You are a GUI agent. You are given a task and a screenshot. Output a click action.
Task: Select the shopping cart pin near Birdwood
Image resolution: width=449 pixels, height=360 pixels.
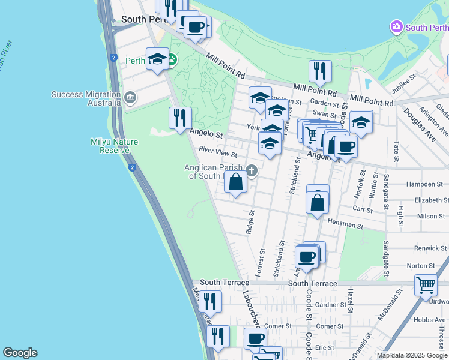(426, 285)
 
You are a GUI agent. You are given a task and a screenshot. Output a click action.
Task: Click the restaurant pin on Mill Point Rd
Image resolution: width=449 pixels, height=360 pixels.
(320, 71)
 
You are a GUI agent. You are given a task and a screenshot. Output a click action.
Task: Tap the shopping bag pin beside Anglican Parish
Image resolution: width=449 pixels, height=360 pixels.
(236, 182)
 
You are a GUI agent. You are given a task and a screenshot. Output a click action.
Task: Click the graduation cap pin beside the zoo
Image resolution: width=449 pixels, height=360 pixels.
(158, 58)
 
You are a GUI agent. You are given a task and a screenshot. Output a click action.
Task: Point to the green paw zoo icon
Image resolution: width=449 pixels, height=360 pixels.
(172, 59)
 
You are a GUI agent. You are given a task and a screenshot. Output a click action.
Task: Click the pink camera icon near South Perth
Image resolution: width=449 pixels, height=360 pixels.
(396, 27)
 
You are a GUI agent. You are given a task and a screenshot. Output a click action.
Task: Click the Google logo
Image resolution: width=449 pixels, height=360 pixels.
(20, 353)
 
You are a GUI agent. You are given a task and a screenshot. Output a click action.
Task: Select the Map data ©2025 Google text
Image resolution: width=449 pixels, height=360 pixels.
(411, 355)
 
